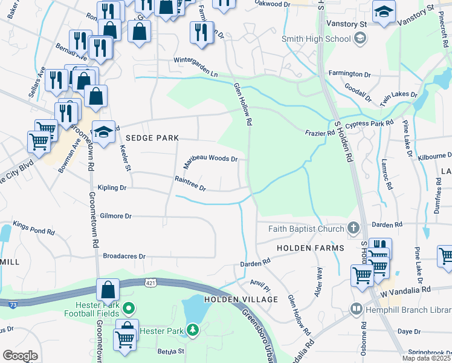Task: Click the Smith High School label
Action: pyautogui.click(x=316, y=39)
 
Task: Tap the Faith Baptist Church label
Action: pyautogui.click(x=301, y=229)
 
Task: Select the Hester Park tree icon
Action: pyautogui.click(x=192, y=330)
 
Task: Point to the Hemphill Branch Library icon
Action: pyautogui.click(x=357, y=309)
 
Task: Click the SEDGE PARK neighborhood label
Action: pyautogui.click(x=152, y=138)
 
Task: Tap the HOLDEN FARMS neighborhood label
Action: pyautogui.click(x=310, y=248)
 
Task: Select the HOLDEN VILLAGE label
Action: pyautogui.click(x=241, y=299)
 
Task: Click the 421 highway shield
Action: pyautogui.click(x=151, y=283)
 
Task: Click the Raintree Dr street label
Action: pyautogui.click(x=190, y=183)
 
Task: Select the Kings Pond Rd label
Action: pyautogui.click(x=34, y=227)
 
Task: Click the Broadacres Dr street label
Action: pyautogui.click(x=124, y=256)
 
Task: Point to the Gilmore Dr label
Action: pyautogui.click(x=115, y=215)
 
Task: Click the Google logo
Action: pyautogui.click(x=20, y=356)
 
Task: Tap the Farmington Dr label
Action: pyautogui.click(x=349, y=74)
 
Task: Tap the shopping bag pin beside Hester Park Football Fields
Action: pyautogui.click(x=107, y=291)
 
